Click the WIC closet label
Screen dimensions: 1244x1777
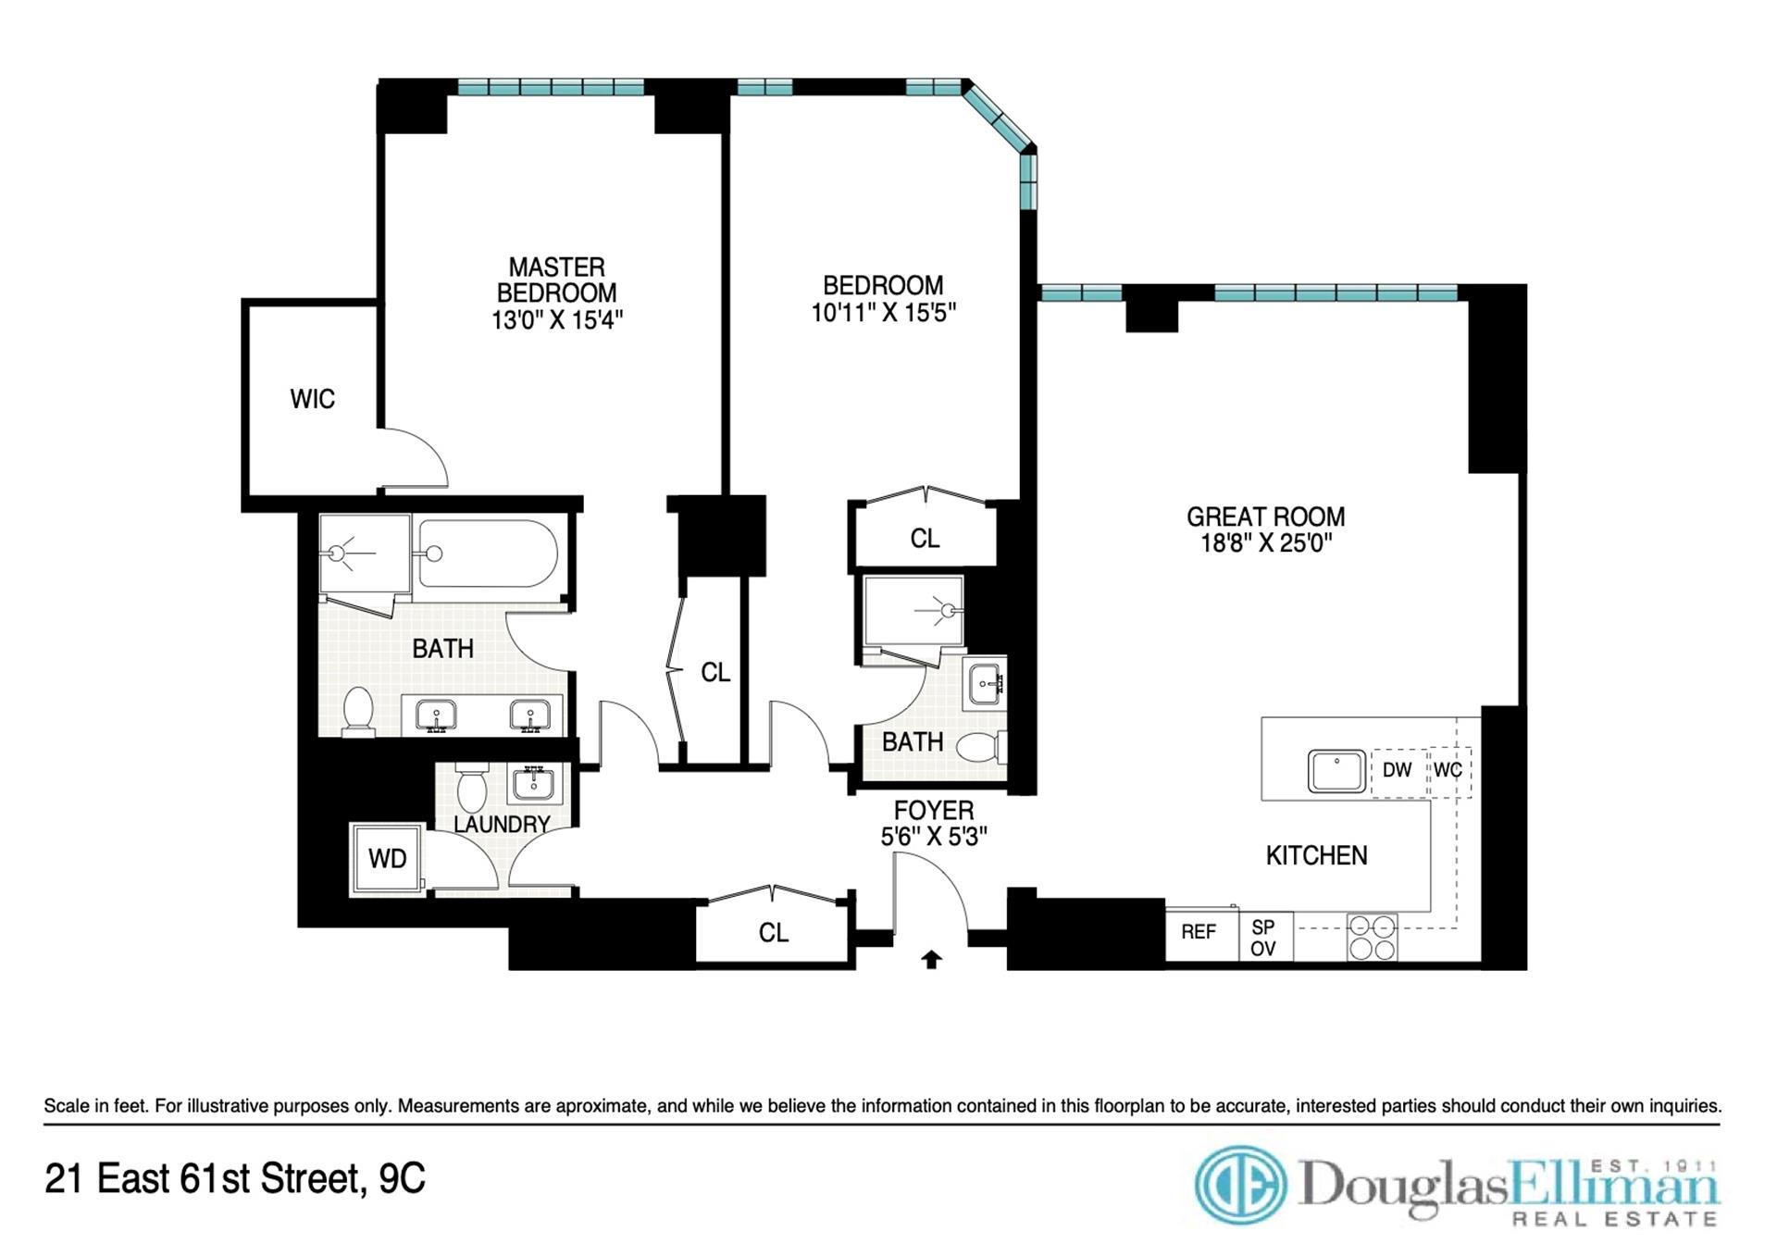[312, 399]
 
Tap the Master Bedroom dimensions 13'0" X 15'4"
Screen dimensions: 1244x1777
[556, 320]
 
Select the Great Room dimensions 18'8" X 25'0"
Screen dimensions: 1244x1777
[1265, 543]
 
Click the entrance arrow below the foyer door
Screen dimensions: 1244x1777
[931, 960]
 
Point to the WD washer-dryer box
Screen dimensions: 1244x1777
[387, 859]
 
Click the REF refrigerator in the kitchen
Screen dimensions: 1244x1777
[1199, 933]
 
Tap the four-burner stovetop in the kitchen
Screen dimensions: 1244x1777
[1372, 938]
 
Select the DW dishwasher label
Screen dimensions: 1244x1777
[1397, 770]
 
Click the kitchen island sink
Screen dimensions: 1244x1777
[1336, 771]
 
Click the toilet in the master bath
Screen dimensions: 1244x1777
[357, 711]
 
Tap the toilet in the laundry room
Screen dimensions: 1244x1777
[472, 788]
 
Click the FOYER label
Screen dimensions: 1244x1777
[933, 810]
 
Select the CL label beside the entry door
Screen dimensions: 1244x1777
[773, 933]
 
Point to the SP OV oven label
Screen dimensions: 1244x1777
[1262, 938]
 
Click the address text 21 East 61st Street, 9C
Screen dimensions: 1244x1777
[235, 1179]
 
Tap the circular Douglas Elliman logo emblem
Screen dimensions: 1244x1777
[1241, 1186]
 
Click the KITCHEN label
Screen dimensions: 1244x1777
[1316, 855]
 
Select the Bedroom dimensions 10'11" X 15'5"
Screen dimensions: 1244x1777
[883, 313]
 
